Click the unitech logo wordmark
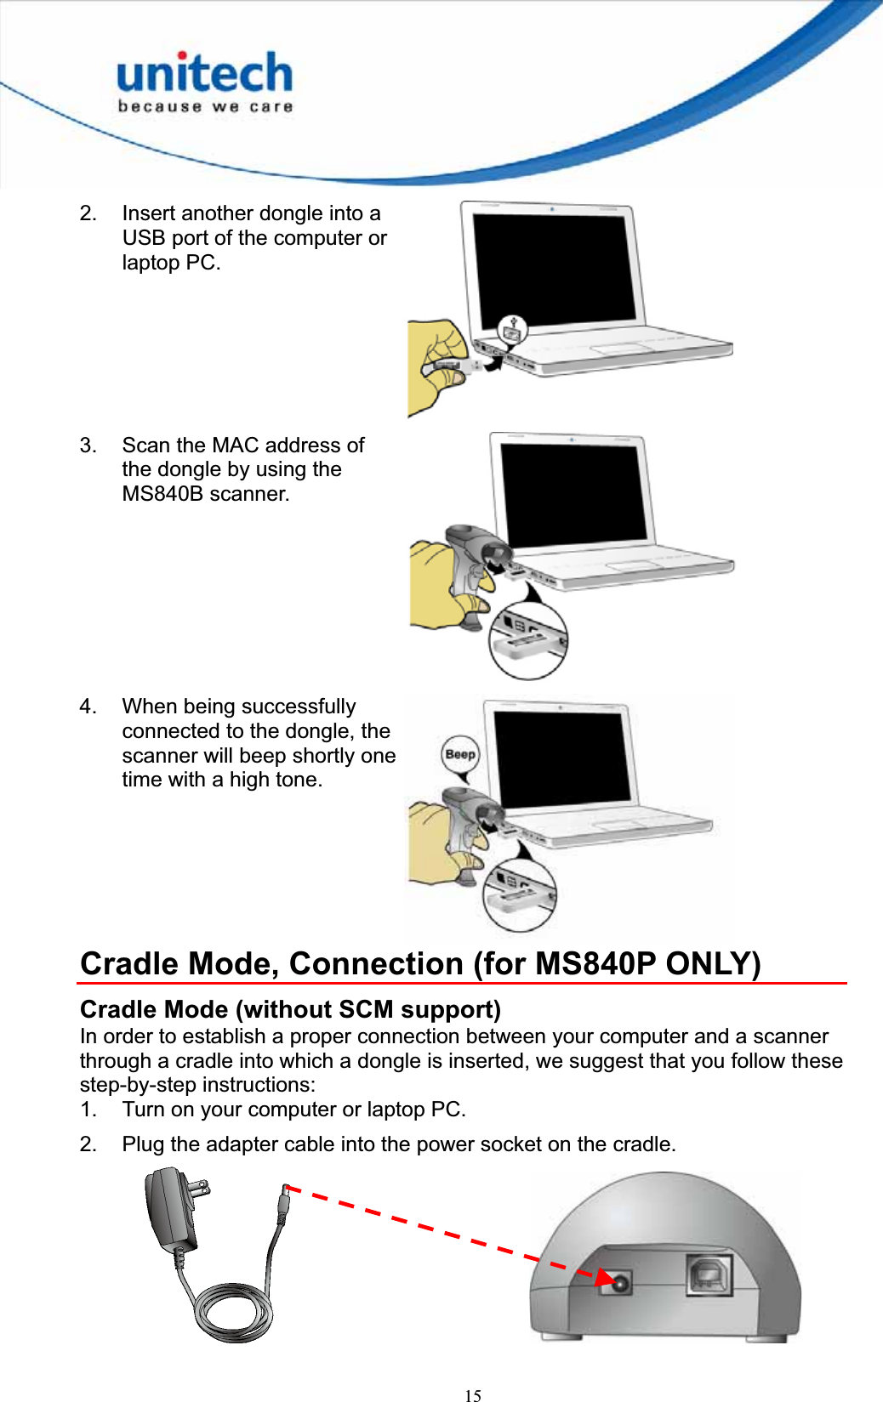204,73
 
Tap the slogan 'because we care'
205,107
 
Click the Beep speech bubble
460,754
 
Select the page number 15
473,1395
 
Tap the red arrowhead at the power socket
605,1278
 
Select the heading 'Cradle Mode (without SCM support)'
290,1009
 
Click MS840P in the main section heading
595,964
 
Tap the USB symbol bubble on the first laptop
512,329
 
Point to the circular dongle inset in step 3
528,640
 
